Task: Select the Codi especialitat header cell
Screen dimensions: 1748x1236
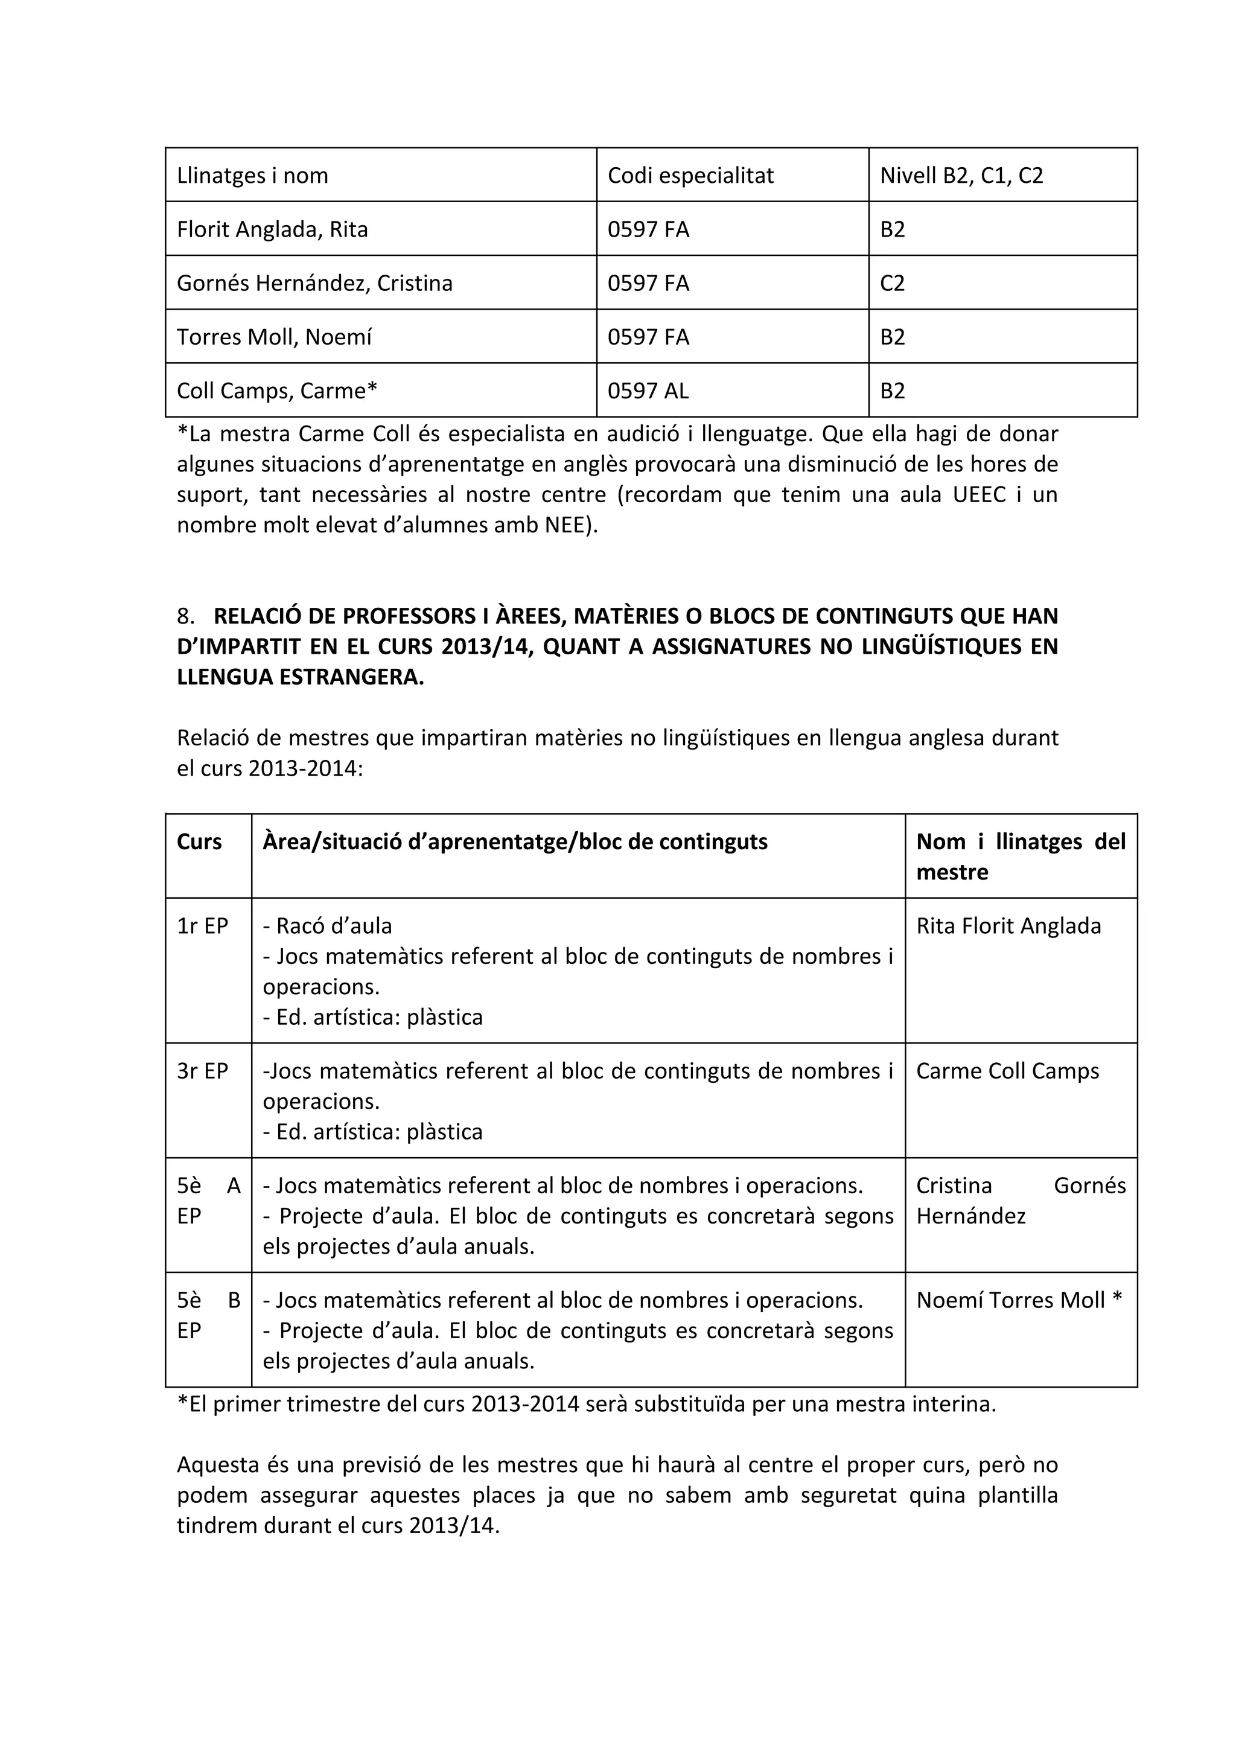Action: coord(690,176)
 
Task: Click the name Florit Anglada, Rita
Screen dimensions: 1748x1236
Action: coord(272,229)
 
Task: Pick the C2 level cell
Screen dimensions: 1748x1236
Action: coord(892,283)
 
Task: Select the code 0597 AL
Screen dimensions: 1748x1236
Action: coord(648,391)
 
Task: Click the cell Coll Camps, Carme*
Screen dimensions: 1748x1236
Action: coord(277,391)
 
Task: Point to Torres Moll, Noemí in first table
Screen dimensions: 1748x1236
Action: coord(274,337)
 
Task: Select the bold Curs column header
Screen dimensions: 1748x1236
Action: coord(199,841)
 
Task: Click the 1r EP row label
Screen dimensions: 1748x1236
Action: coord(202,926)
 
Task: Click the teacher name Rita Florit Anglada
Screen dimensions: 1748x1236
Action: coord(1008,926)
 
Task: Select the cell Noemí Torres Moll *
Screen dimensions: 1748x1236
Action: coord(1018,1300)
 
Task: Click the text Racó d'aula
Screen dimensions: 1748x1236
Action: coord(327,926)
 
